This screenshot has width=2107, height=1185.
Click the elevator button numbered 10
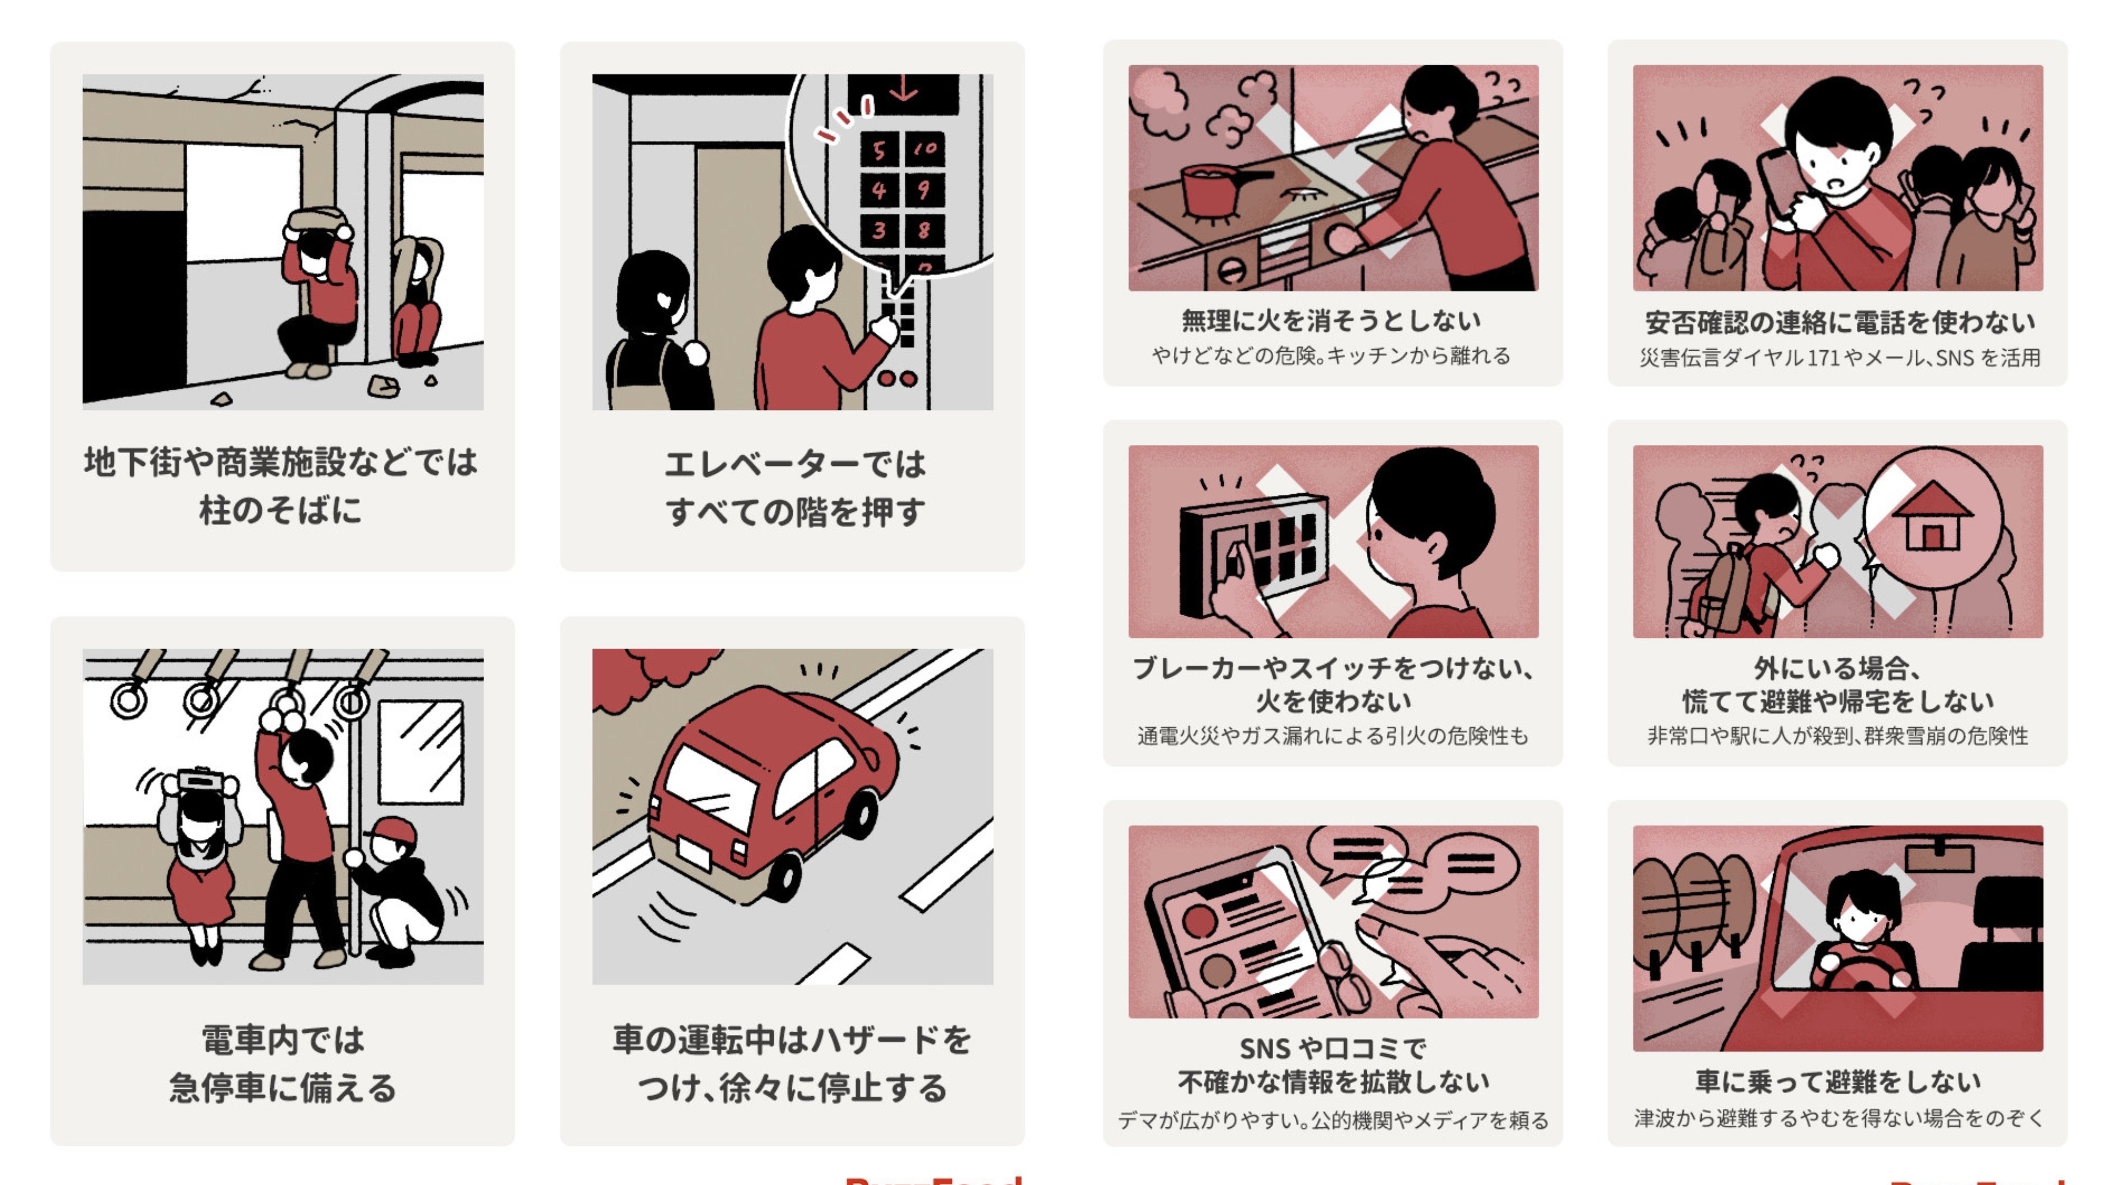pos(925,149)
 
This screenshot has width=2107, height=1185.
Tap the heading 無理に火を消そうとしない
pos(1332,320)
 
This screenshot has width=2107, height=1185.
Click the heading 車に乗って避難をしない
pos(1837,1081)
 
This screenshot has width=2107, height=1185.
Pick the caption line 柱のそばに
pos(280,510)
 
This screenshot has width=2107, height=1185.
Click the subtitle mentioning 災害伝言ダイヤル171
pos(1838,357)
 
